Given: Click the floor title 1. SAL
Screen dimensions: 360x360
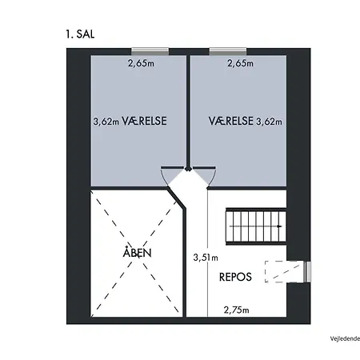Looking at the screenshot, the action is (x=80, y=34).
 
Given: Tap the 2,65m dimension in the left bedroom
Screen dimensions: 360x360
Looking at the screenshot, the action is (x=141, y=63).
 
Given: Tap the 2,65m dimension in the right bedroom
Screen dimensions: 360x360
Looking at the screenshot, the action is (x=240, y=63).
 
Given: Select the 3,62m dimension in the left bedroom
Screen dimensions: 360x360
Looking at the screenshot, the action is (x=106, y=122).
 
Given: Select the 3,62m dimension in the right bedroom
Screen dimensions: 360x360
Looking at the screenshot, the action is (x=269, y=122).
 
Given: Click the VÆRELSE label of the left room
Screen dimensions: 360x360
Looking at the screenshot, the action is (x=144, y=121).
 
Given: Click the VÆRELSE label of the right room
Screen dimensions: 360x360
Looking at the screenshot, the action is (x=231, y=121).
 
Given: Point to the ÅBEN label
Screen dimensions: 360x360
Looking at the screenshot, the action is (x=137, y=252).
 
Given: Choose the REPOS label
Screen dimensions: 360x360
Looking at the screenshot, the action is (x=235, y=277).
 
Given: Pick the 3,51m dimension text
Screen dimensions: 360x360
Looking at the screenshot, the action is (x=206, y=258).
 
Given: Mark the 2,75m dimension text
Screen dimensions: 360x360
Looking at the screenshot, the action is (x=236, y=310).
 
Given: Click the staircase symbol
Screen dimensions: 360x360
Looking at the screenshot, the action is (x=256, y=226).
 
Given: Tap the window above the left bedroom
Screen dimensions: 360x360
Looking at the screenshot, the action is (x=150, y=51).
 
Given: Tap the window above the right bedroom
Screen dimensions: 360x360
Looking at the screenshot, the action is (x=228, y=51).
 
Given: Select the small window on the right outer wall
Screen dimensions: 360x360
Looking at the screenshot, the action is (x=307, y=271).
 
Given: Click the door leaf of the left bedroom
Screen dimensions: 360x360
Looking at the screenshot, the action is (x=172, y=167).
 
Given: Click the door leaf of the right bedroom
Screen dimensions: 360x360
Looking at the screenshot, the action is (x=204, y=167).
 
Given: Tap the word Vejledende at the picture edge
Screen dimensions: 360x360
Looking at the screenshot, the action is (x=345, y=338).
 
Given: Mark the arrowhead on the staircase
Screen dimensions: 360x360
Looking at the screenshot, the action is (x=279, y=226).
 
